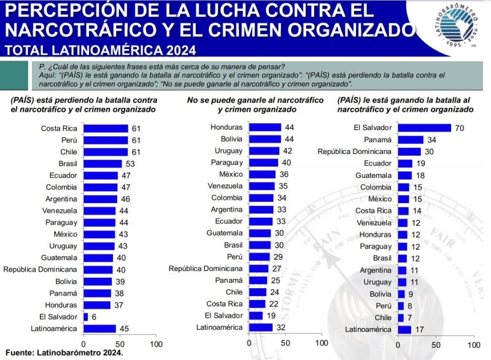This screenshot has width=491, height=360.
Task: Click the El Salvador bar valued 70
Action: pos(424,128)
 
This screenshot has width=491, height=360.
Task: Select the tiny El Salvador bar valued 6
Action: pos(85,316)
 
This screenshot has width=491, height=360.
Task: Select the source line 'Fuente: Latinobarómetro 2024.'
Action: pos(64,353)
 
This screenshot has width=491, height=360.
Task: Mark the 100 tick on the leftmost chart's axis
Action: pos(156,345)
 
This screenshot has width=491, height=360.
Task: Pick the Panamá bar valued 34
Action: pos(411,140)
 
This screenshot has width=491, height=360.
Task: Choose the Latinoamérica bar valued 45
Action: pos(99,328)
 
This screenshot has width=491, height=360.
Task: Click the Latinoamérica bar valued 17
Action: pos(404,329)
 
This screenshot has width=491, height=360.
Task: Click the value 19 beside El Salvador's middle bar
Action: pos(271,316)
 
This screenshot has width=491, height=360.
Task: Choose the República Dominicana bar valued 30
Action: pos(409,151)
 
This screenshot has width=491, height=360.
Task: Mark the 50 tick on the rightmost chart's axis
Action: pos(435,345)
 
